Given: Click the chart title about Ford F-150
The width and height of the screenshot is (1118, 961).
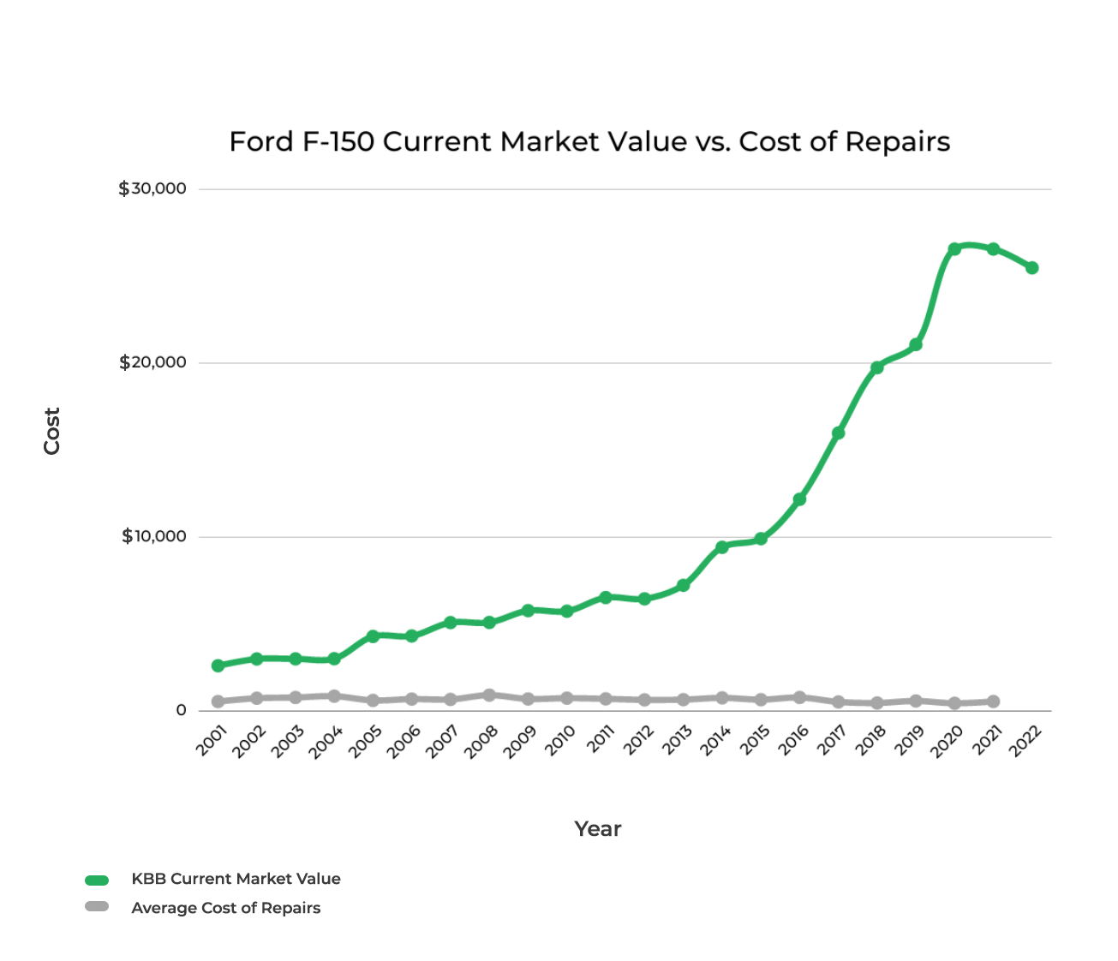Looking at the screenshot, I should point(589,141).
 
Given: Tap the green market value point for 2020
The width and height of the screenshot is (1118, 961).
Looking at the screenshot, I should point(954,248).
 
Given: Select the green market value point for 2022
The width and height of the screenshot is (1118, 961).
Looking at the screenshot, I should point(1032,267).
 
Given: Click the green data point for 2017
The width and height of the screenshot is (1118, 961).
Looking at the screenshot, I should point(838,433).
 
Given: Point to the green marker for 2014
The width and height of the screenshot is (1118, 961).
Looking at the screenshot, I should point(722,546).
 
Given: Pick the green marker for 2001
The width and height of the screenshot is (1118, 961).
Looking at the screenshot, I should point(218,666).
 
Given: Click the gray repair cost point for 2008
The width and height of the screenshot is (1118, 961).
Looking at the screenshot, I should point(489,695).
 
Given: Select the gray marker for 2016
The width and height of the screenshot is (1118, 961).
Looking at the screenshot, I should point(799,697).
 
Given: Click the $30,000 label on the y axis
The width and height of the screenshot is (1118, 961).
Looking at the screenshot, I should point(152,188).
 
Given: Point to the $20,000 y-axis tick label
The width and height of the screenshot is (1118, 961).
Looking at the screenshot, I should point(152,362).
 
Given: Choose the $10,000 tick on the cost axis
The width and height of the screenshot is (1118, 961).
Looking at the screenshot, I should point(153,536).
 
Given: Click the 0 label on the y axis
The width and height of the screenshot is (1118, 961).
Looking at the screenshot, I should point(181,710).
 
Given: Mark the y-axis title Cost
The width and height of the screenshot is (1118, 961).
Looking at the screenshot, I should point(52,431).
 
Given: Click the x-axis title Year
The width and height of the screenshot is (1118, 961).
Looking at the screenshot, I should point(598,828).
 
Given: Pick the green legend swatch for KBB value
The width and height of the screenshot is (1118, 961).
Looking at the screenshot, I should point(97,880).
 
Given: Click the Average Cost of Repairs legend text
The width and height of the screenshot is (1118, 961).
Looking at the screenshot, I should point(225,908).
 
